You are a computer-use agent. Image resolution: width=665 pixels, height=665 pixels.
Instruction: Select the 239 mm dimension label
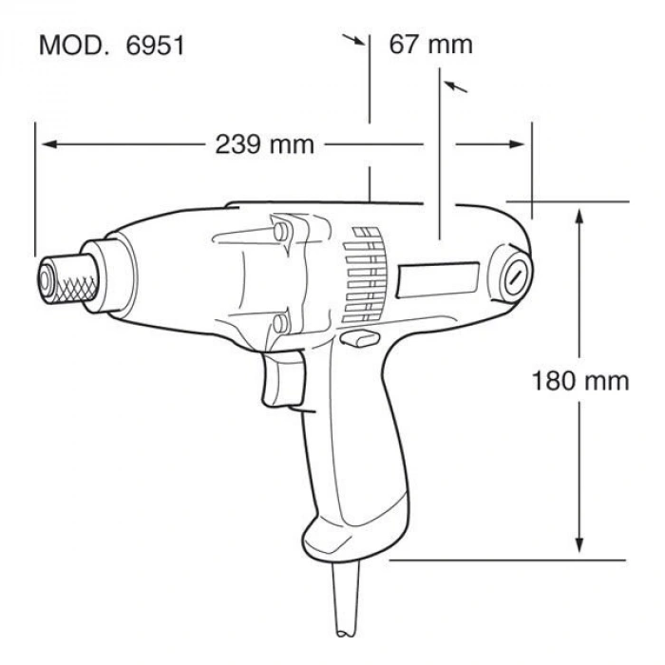click(x=256, y=144)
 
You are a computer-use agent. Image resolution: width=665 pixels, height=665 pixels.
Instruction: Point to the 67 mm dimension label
click(x=430, y=45)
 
